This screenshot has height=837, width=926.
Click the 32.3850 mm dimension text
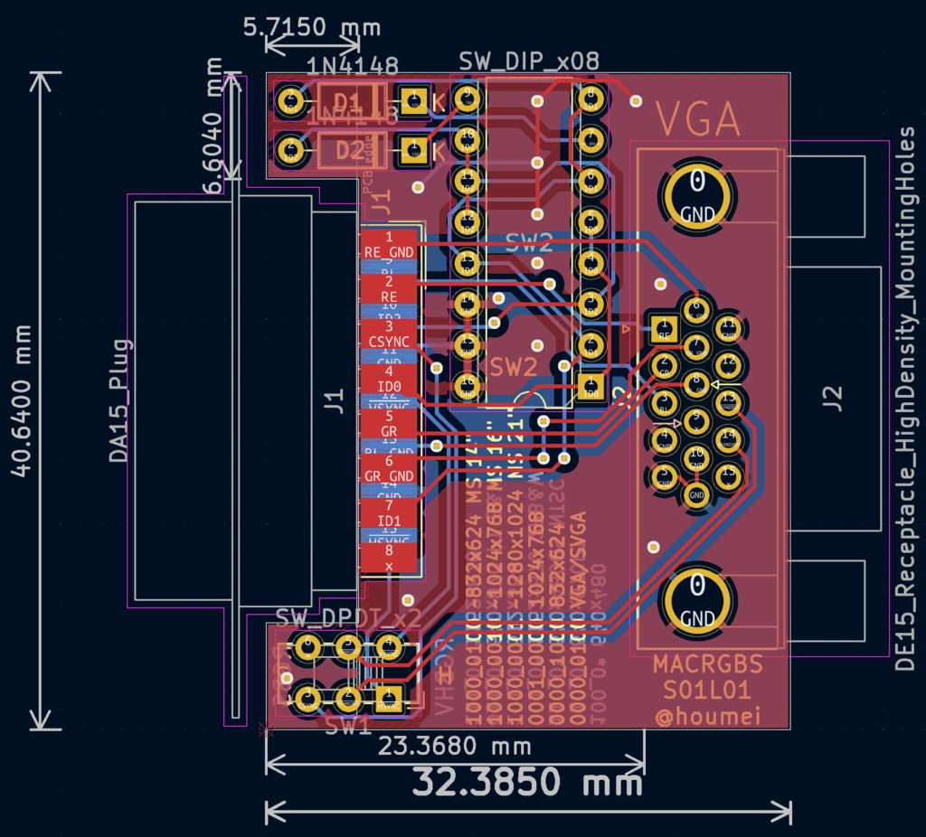[527, 781]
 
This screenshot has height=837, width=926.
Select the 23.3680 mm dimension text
[454, 747]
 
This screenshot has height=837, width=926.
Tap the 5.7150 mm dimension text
[313, 26]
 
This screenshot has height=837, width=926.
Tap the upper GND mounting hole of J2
[697, 194]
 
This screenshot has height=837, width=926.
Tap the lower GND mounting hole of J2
[697, 597]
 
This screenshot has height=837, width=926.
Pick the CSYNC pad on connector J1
[389, 334]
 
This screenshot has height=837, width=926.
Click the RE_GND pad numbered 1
[389, 244]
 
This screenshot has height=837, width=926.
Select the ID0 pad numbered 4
[389, 380]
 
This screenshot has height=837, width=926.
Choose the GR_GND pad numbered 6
[389, 468]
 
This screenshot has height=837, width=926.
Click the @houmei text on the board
[708, 717]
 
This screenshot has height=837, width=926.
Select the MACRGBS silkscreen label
[708, 665]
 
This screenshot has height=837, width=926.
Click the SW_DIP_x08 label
[529, 61]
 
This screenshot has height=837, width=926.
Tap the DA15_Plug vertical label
[119, 400]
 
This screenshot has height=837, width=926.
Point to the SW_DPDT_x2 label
[348, 618]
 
